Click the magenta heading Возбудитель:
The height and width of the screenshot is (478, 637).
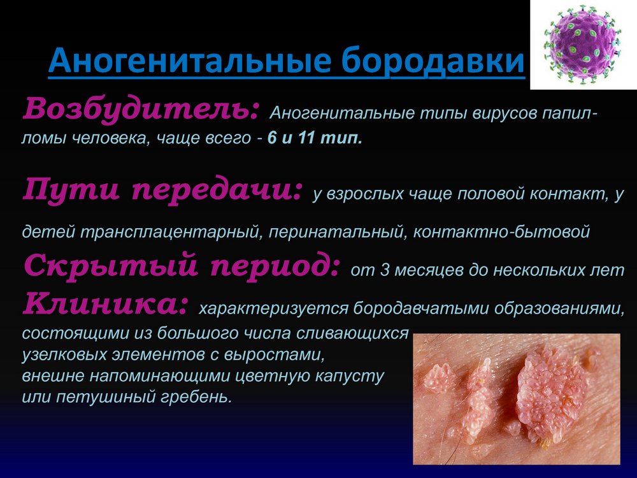[141, 109]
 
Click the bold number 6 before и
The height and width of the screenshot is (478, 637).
[272, 138]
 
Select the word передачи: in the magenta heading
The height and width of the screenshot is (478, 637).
[217, 190]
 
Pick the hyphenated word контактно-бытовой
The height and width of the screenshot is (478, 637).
[501, 232]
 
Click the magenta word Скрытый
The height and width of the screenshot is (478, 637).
[111, 265]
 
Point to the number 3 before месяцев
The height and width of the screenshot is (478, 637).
[384, 270]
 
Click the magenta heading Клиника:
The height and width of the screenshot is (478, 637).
[106, 303]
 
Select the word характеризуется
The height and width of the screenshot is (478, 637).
[273, 309]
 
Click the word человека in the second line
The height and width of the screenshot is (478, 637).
[108, 138]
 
